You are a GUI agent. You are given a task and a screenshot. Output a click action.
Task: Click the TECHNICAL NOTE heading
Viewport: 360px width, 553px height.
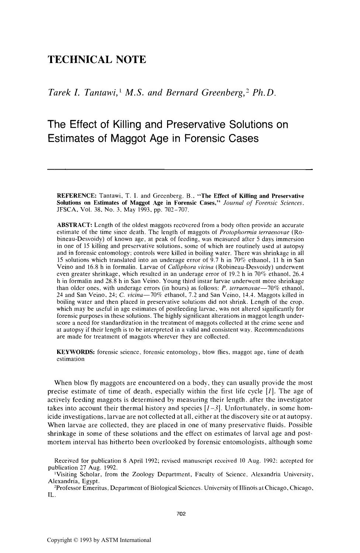(x=97, y=60)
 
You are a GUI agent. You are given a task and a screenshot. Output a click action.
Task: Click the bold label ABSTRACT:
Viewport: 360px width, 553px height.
(x=74, y=225)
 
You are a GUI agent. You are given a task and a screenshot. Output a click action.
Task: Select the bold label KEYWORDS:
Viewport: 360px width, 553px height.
(x=76, y=352)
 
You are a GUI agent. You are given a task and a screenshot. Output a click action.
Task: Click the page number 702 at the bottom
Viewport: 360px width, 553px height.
(x=180, y=514)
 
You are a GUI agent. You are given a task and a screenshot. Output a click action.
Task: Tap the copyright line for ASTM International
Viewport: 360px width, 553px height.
(x=99, y=540)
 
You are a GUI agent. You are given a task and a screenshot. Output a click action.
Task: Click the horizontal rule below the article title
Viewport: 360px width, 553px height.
(x=180, y=169)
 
